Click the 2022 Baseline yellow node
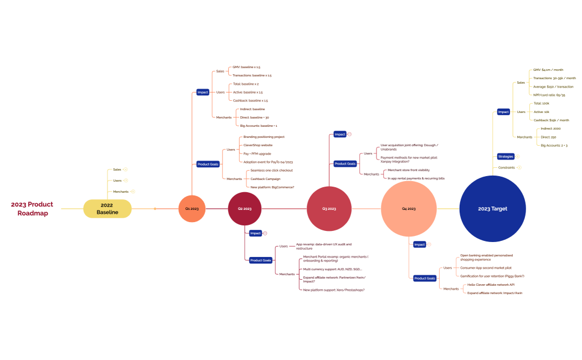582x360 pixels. (107, 209)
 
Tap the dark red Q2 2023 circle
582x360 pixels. (244, 209)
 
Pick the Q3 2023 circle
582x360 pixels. (329, 209)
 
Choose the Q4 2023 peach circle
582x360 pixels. (408, 209)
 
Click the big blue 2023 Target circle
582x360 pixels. (492, 209)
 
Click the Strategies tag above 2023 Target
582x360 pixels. (506, 156)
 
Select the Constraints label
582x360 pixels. (506, 167)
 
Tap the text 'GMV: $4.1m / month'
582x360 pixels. (548, 70)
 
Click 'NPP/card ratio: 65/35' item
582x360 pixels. (549, 95)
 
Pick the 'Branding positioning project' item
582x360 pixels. (264, 137)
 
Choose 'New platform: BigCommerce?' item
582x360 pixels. (272, 187)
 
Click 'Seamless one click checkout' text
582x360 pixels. (271, 170)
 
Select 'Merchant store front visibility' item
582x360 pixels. (408, 170)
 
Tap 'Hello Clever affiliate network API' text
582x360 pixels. (491, 284)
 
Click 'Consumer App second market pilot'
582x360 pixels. (486, 268)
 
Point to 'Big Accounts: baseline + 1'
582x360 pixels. (258, 126)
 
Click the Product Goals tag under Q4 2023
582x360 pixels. (425, 278)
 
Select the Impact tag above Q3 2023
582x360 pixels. (340, 134)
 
